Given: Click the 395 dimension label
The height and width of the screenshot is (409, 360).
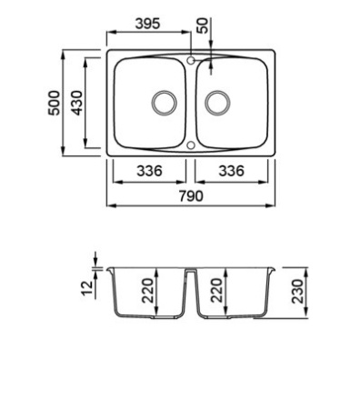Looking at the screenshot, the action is (147, 24).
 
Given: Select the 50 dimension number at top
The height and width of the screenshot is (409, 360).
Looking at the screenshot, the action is (203, 25).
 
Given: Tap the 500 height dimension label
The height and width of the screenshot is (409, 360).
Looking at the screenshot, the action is (55, 103).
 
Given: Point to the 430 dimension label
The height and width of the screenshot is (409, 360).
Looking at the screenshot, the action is (76, 103).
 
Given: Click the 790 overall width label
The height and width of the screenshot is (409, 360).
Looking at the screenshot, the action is (191, 196).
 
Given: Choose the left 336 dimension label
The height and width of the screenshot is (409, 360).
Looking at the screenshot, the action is (149, 171).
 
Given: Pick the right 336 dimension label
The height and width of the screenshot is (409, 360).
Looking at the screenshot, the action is (231, 171).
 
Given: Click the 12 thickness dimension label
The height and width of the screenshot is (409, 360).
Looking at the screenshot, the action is (86, 288).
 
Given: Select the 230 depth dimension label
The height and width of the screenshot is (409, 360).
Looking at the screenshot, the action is (297, 291).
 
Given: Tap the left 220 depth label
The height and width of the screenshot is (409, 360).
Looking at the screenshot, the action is (148, 291).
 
